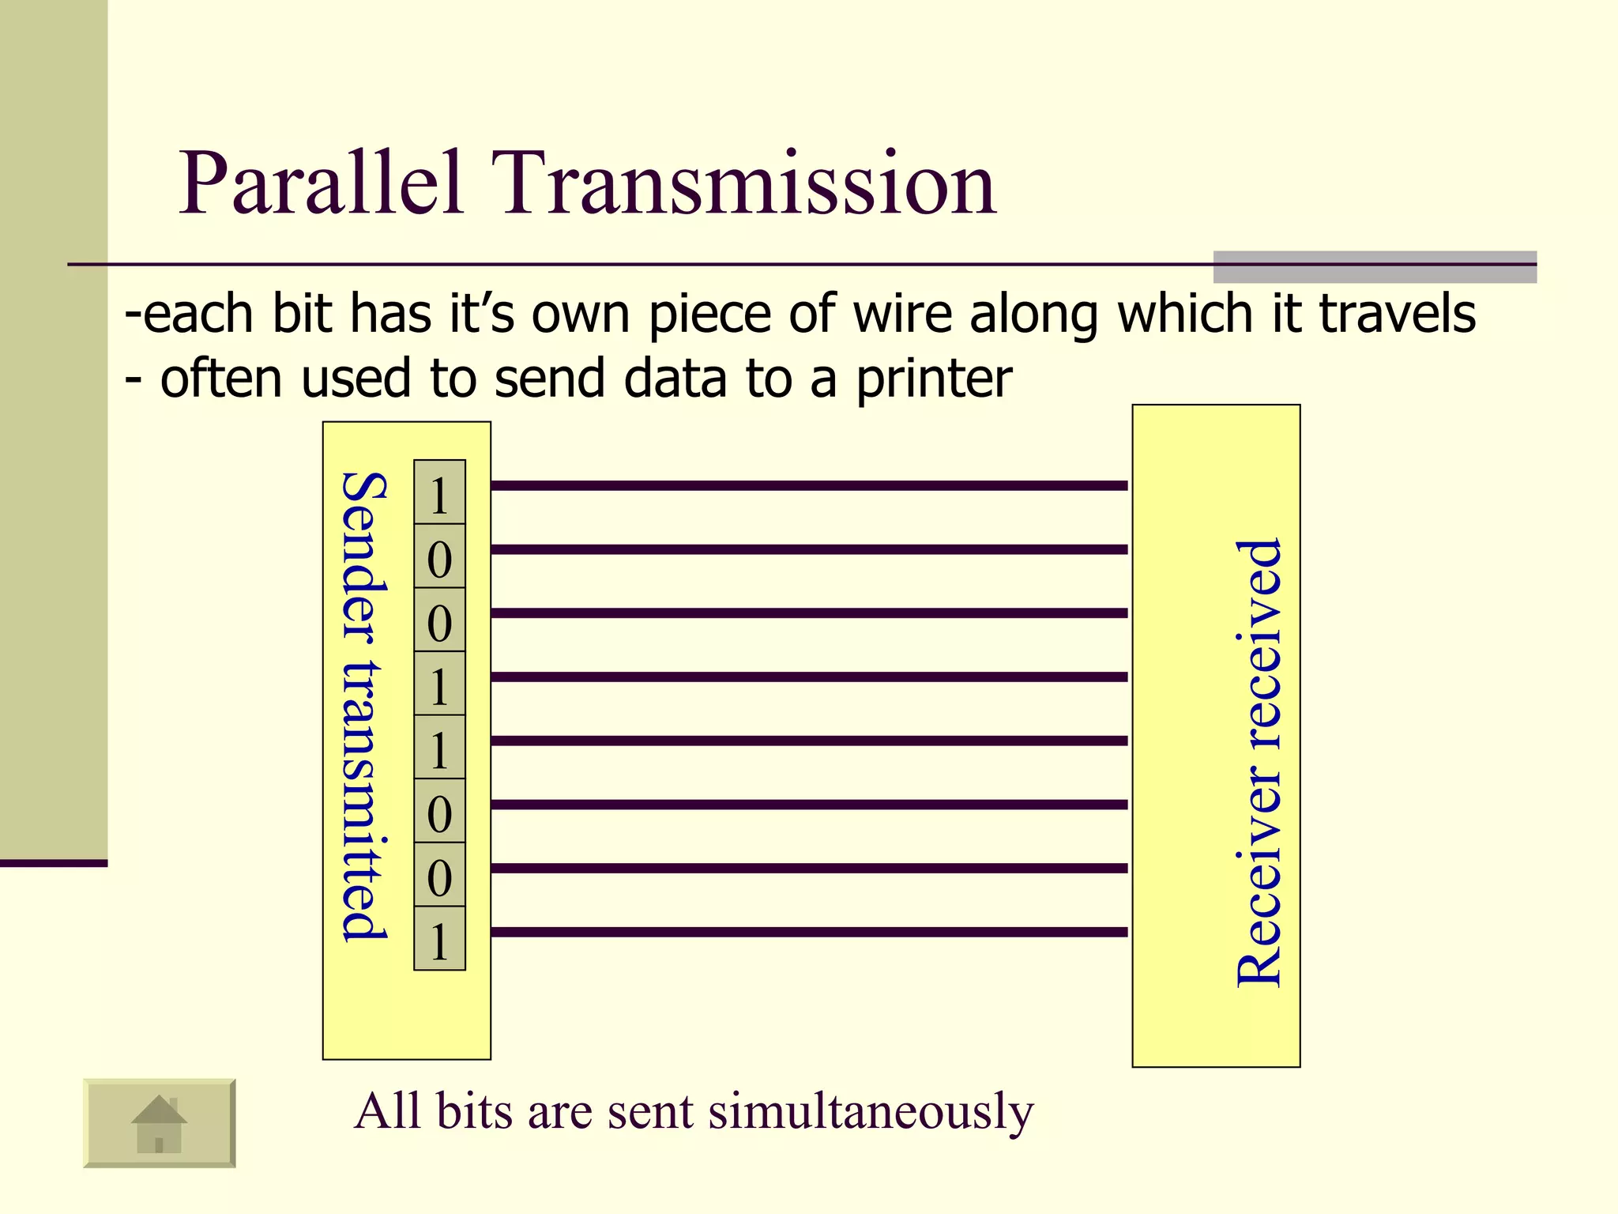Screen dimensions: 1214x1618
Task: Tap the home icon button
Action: [159, 1122]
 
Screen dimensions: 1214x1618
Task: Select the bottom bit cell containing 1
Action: [439, 939]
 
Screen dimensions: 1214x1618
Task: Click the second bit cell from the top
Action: [439, 557]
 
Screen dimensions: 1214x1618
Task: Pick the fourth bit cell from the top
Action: [439, 684]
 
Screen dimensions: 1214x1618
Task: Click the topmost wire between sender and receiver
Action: [809, 485]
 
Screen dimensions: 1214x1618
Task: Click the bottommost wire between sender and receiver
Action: [809, 932]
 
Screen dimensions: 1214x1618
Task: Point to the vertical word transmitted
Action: [363, 798]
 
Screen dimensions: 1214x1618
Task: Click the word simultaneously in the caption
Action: [871, 1111]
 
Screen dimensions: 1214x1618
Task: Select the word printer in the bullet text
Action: [934, 378]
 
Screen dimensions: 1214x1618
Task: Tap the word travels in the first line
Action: [1397, 314]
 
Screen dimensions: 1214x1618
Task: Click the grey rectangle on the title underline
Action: [1375, 267]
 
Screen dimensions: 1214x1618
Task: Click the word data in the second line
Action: [675, 378]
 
